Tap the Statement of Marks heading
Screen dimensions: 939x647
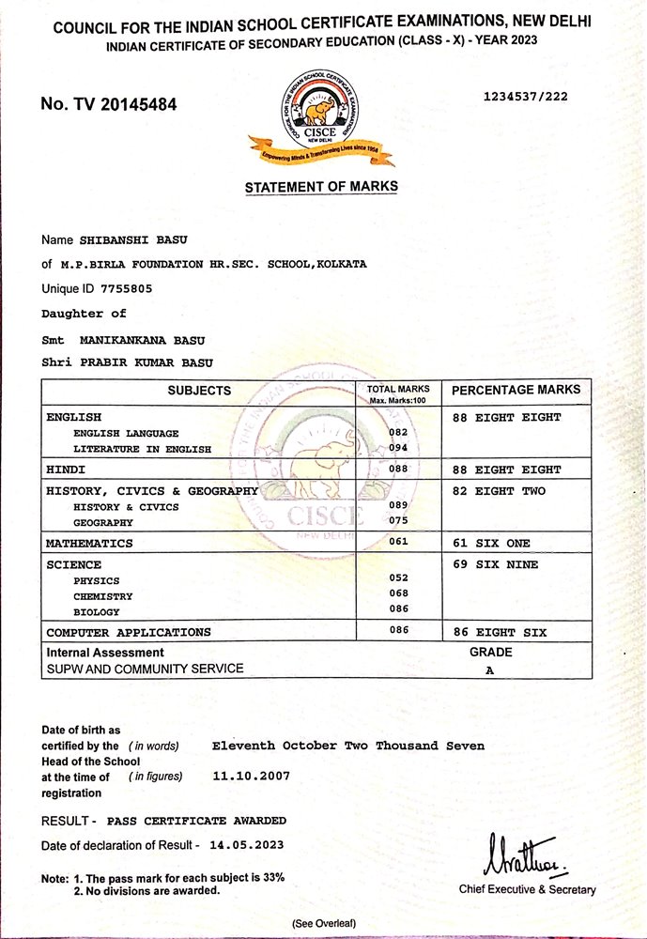click(321, 187)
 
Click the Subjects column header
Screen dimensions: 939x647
click(199, 391)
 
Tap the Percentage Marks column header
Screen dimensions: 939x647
click(516, 390)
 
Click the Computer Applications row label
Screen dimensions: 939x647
click(129, 632)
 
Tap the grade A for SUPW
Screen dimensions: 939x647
click(489, 670)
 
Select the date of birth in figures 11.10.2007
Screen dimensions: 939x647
click(252, 776)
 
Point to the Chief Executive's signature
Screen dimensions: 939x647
click(521, 855)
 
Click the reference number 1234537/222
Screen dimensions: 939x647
click(525, 96)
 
